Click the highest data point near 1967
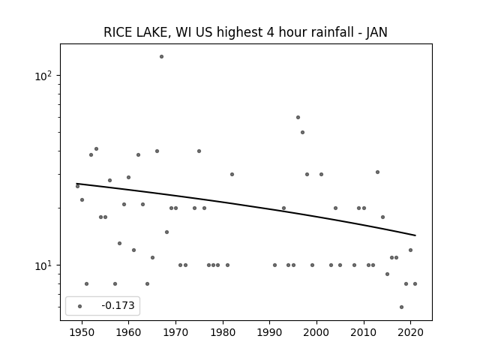(161, 57)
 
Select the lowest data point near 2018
(401, 307)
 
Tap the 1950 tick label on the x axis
(82, 332)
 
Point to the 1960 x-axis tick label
(128, 332)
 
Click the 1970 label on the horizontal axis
(175, 332)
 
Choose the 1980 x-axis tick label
(223, 332)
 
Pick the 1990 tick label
(270, 332)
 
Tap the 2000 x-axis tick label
(316, 332)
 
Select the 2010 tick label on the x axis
(364, 332)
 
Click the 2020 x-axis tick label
(411, 332)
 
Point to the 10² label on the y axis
(43, 76)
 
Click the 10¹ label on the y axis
(43, 265)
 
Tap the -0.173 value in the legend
(118, 305)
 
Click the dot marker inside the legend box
(79, 306)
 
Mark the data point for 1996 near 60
(298, 117)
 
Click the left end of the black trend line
(76, 183)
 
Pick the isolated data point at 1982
(232, 174)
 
